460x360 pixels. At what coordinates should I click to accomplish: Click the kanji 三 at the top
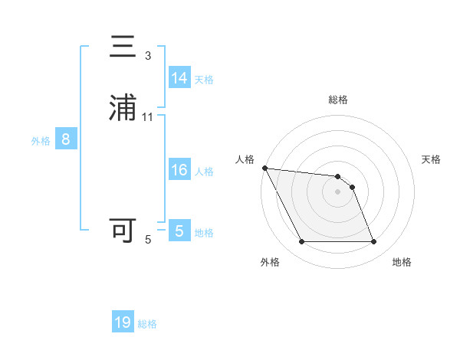click(123, 47)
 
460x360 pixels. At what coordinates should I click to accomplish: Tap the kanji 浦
click(123, 107)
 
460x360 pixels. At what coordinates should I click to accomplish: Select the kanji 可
click(123, 230)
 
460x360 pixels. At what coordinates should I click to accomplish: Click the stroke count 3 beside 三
click(148, 56)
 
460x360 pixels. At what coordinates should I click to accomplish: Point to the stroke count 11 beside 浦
click(148, 116)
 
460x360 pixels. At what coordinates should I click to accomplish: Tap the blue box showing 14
click(179, 78)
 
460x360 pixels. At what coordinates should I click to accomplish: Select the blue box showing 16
click(179, 170)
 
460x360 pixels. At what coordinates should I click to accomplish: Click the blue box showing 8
click(66, 140)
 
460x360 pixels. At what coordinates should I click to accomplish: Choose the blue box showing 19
click(123, 322)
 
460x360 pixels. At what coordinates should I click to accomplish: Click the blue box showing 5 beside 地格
click(179, 231)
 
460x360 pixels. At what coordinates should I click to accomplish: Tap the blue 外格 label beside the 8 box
click(41, 141)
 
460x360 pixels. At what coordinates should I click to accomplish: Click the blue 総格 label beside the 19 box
click(147, 324)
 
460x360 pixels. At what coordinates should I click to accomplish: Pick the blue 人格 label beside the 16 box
click(204, 172)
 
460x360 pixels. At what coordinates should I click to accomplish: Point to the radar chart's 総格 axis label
click(338, 100)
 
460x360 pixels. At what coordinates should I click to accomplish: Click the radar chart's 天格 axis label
click(432, 159)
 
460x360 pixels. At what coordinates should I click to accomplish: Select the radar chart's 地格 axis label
click(402, 262)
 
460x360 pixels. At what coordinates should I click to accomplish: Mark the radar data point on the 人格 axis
click(264, 168)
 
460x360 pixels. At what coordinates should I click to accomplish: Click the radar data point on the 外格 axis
click(301, 242)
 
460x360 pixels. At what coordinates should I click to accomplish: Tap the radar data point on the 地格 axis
click(374, 242)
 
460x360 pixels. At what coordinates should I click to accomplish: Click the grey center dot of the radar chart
click(338, 191)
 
